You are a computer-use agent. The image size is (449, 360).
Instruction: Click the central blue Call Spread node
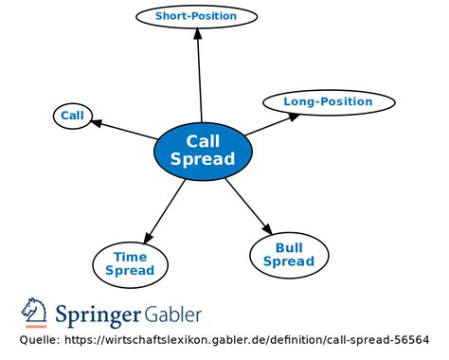tap(203, 151)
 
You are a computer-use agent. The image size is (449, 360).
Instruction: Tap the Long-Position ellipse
tap(328, 102)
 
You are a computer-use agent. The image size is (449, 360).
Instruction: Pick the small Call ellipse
tap(72, 117)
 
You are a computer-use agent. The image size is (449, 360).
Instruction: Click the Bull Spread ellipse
tap(289, 254)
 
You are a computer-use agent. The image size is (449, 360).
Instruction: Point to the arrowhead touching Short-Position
tap(197, 33)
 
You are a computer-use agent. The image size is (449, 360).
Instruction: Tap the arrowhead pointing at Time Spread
tap(146, 236)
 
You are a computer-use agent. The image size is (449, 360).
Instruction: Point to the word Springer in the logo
tap(99, 315)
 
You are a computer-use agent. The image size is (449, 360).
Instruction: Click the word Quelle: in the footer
tap(39, 340)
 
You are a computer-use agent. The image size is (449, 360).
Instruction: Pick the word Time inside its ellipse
tap(130, 257)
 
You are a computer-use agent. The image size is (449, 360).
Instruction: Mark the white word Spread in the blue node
tap(203, 160)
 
